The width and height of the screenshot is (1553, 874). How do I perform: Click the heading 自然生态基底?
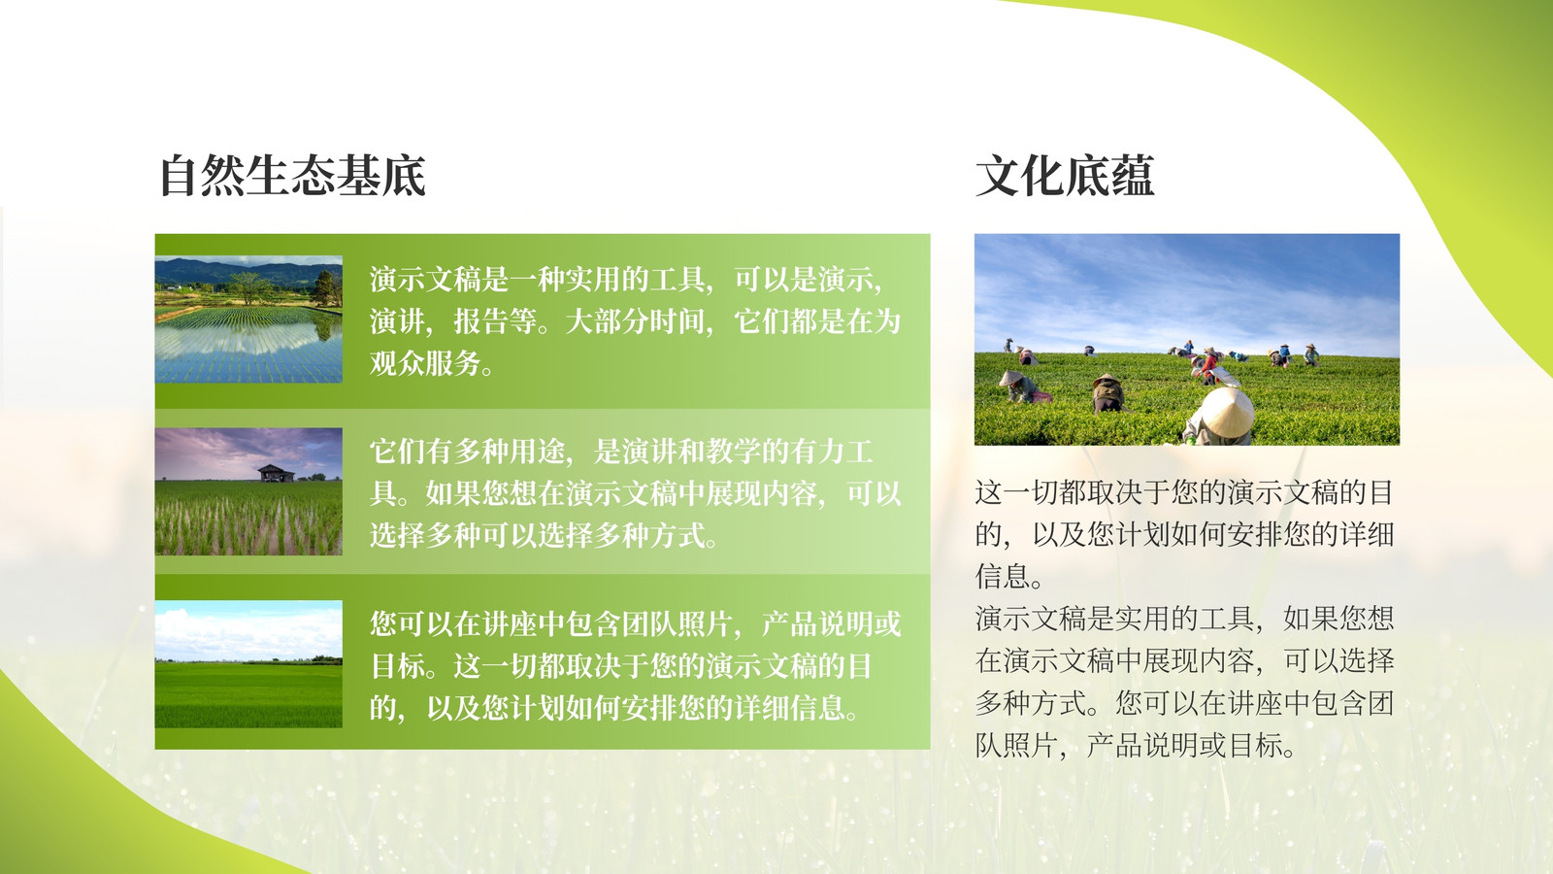coord(292,176)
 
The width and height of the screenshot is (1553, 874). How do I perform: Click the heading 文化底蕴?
coord(1064,176)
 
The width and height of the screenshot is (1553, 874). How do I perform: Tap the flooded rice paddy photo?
coord(248,319)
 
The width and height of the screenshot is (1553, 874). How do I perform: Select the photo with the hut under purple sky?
coord(248,491)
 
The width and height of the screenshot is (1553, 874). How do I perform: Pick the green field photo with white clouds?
coord(248,664)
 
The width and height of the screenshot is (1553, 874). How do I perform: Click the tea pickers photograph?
coord(1187,339)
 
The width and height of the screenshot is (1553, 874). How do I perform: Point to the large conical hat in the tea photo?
coord(1226,412)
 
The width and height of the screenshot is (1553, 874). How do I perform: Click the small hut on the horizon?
coord(276,473)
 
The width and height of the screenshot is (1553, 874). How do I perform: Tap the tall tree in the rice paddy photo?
coord(248,287)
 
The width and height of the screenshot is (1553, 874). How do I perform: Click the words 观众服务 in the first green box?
coord(425,363)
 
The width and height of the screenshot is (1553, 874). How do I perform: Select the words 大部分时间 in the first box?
coord(635,321)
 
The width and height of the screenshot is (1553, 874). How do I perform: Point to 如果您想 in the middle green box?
coord(481,493)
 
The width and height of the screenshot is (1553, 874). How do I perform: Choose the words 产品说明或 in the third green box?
coord(831,624)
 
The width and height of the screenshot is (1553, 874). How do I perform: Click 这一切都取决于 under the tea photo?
coord(1073,492)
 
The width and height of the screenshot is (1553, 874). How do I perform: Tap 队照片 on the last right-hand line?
coord(1017,746)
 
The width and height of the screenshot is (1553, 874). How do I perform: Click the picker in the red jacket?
coord(1209,365)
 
